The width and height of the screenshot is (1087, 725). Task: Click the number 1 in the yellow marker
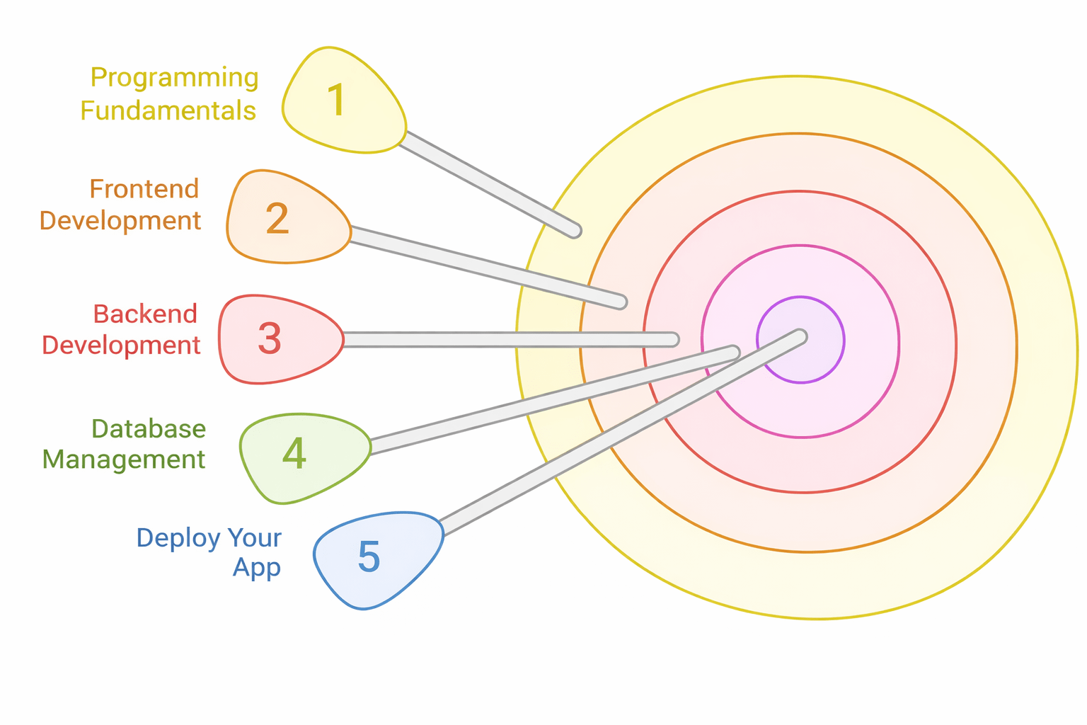click(337, 100)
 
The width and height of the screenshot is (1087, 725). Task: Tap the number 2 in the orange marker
click(277, 218)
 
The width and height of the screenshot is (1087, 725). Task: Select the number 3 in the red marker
click(270, 338)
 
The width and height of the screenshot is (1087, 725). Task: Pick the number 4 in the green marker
click(294, 454)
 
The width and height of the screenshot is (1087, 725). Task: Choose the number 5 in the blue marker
click(369, 557)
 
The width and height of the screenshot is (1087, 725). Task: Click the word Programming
click(174, 78)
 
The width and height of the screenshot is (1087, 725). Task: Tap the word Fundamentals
click(168, 111)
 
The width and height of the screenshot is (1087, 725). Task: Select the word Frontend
click(144, 189)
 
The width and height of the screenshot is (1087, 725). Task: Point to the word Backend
click(145, 314)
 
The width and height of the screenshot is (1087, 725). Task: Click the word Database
click(149, 428)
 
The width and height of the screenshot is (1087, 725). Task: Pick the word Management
click(124, 459)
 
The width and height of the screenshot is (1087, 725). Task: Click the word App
click(256, 568)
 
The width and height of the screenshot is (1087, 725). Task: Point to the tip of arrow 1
click(575, 230)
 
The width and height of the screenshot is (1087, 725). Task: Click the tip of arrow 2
click(621, 302)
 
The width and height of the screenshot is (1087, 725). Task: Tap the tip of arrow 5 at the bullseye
click(800, 336)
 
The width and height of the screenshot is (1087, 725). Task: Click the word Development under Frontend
click(120, 221)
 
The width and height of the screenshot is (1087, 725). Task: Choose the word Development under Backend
click(121, 345)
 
